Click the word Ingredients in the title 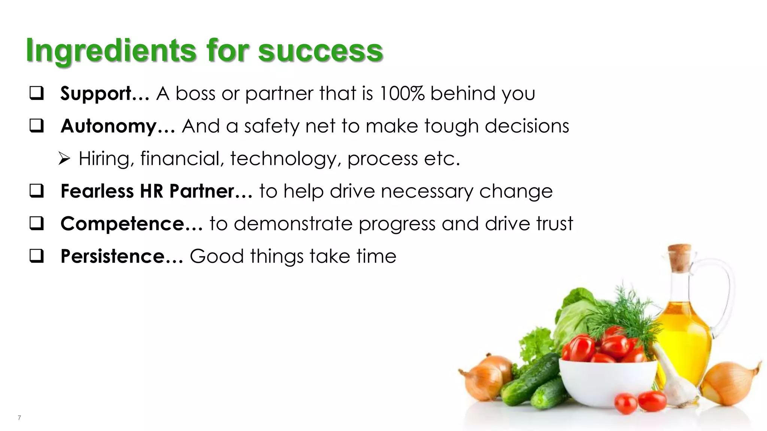click(x=111, y=51)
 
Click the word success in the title click(x=320, y=51)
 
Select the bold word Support click(x=96, y=94)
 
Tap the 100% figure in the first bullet click(x=401, y=94)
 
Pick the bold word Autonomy click(x=109, y=126)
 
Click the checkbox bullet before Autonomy click(x=37, y=126)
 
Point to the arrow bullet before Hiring click(x=64, y=159)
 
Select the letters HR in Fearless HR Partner click(x=151, y=191)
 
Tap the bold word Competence click(x=122, y=224)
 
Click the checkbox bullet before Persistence click(x=37, y=256)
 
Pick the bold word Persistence click(x=113, y=257)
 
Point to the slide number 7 click(x=19, y=418)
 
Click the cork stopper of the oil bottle click(x=679, y=257)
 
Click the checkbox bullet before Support click(x=37, y=94)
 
